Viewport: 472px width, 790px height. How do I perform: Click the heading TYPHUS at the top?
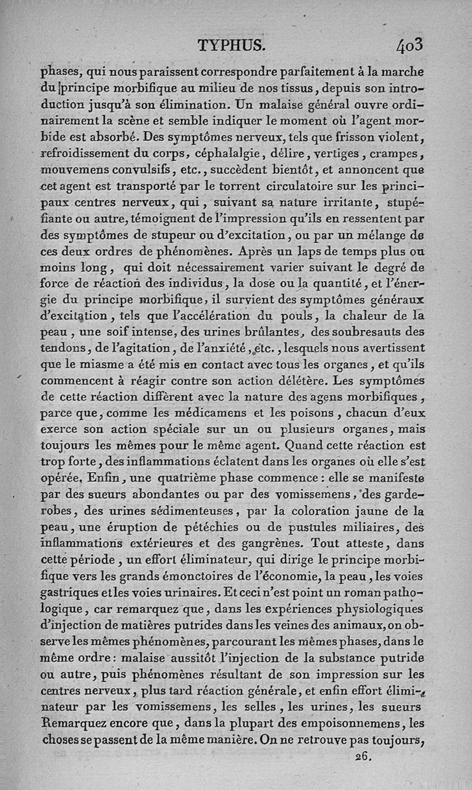click(232, 45)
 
